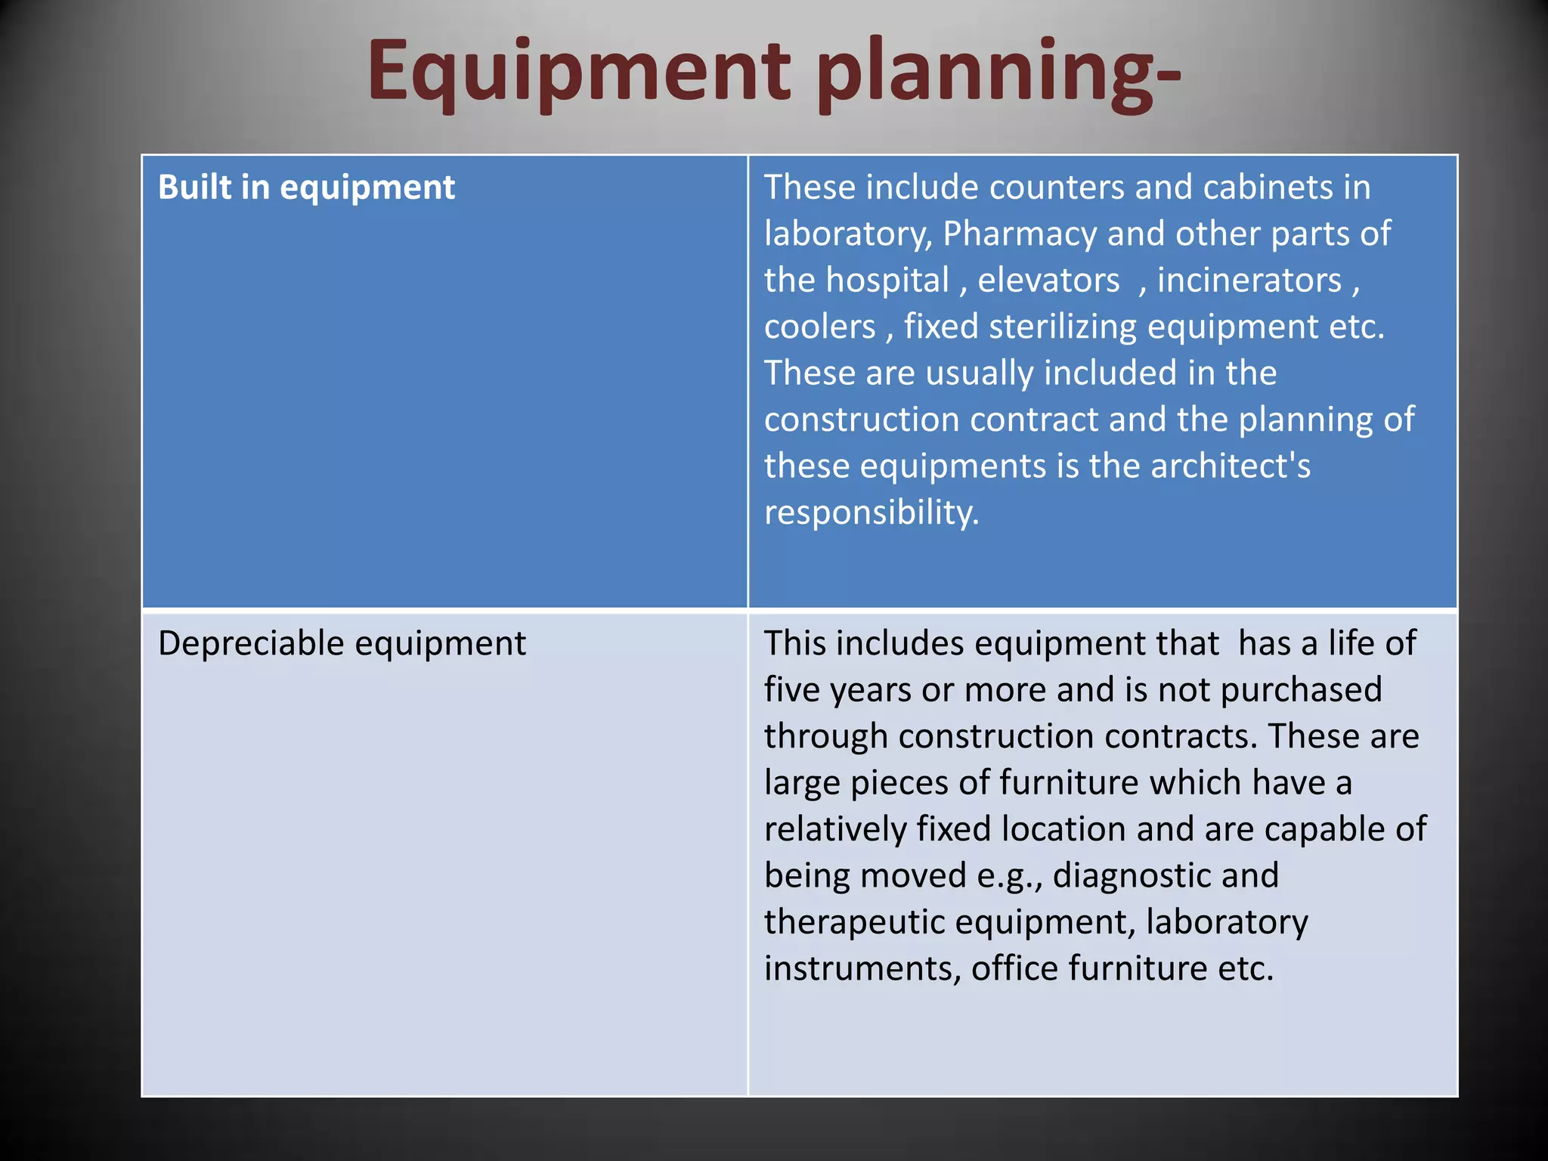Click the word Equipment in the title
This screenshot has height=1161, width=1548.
[578, 72]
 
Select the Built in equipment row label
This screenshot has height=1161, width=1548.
[306, 187]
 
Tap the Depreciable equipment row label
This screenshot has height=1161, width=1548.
[342, 644]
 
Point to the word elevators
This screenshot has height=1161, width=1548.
[1048, 280]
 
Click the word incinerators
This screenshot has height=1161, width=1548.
[1249, 280]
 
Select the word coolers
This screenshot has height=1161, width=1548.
[819, 327]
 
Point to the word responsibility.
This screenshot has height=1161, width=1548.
[871, 513]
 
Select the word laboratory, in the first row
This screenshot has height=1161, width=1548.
[848, 234]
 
